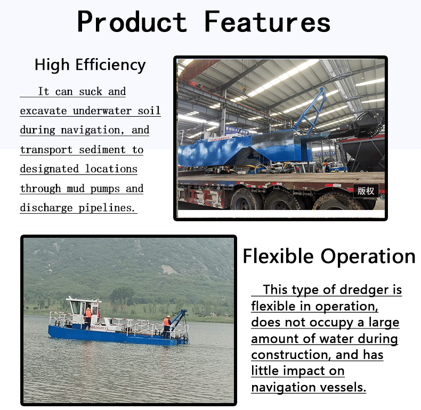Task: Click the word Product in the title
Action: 132,21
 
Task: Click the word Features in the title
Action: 267,21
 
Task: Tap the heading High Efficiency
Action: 90,65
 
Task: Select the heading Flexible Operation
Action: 329,256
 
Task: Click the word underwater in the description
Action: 102,111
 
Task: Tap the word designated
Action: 50,169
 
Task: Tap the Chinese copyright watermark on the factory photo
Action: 366,191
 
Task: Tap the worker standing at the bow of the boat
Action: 167,326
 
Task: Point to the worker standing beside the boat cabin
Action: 88,318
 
